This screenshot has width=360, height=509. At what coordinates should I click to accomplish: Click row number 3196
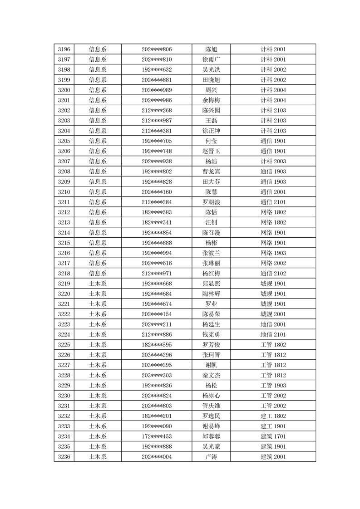point(64,49)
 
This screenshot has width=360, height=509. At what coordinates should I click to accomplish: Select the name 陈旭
point(211,49)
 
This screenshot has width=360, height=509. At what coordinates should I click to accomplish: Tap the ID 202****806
point(157,49)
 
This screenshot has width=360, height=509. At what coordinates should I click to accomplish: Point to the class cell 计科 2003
point(273,162)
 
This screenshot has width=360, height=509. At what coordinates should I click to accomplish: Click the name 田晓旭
point(211,80)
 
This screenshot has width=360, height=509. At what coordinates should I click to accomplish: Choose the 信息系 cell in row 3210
point(98,192)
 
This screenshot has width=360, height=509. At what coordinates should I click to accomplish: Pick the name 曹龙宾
point(211,171)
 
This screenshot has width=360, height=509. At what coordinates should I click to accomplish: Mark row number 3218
point(64,274)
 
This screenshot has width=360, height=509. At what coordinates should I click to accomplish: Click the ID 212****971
point(157,274)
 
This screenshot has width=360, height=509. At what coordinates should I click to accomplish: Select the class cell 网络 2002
point(273,263)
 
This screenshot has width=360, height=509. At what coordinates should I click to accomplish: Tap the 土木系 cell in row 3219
point(98,284)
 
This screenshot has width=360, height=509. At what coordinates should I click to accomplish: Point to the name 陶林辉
point(211,294)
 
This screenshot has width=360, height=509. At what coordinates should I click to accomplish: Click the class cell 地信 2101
point(273,334)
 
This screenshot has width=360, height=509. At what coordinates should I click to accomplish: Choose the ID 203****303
point(157,375)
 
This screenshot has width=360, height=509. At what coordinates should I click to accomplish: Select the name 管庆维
point(211,406)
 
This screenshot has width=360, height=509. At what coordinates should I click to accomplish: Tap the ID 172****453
point(157,436)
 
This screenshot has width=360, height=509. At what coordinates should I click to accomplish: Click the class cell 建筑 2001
point(273,456)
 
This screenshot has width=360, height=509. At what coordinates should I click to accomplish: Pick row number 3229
point(64,385)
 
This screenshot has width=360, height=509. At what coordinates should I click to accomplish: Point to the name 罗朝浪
point(211,202)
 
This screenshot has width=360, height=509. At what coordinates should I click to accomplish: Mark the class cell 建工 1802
point(273,416)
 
